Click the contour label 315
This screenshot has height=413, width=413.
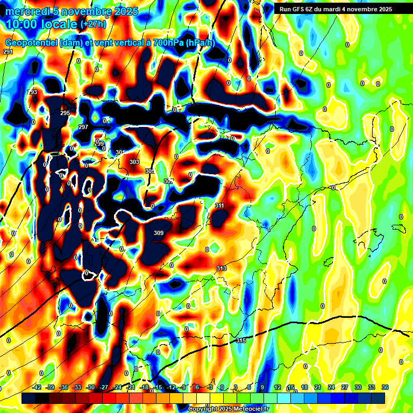point(241,341)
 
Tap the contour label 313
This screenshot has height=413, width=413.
point(222,268)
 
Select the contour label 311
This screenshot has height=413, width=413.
point(219,206)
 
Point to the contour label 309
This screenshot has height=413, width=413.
point(159,233)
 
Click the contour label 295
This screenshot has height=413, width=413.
point(65,113)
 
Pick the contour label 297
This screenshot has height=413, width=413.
point(83,127)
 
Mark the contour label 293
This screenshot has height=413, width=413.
point(33,92)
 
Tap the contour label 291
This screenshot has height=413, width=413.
point(8,52)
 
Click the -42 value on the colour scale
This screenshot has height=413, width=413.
point(37,387)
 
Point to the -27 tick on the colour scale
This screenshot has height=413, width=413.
point(103,387)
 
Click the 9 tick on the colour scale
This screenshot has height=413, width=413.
point(262,387)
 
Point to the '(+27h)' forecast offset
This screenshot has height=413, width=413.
point(93,24)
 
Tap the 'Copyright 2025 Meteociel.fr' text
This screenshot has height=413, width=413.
point(228,409)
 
